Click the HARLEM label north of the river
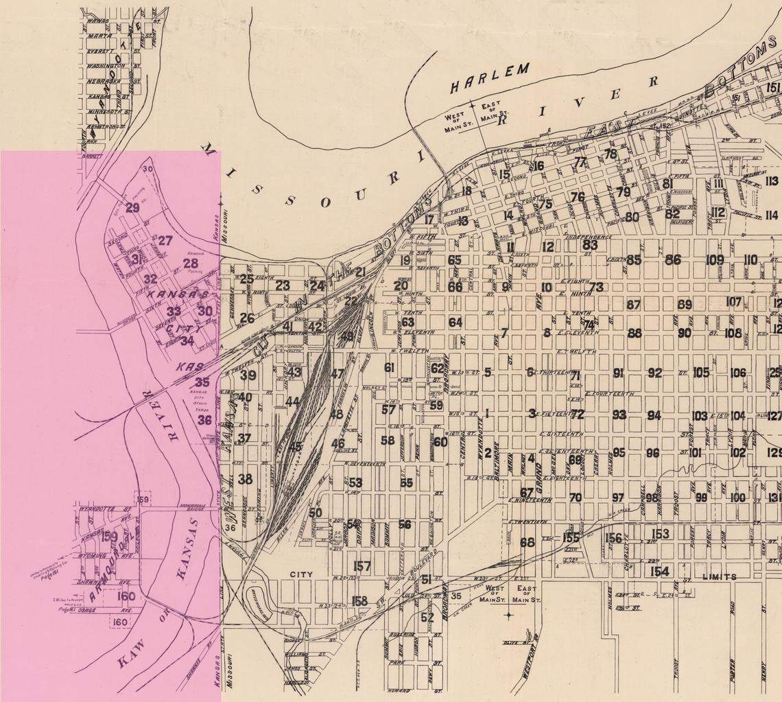click(x=490, y=78)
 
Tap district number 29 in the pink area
click(x=132, y=208)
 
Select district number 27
click(x=165, y=241)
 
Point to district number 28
click(x=190, y=264)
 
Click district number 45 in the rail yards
click(x=295, y=447)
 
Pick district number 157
click(x=362, y=566)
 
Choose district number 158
click(x=359, y=601)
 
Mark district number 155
click(x=571, y=537)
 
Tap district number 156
click(x=613, y=539)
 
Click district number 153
click(x=660, y=534)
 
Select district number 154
click(x=659, y=572)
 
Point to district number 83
click(x=590, y=244)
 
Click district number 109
click(x=715, y=260)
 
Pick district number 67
click(x=526, y=493)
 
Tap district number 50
click(x=315, y=513)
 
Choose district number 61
click(x=390, y=368)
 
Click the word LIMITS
click(x=719, y=577)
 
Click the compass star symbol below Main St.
click(x=508, y=616)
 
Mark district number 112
click(x=718, y=213)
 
